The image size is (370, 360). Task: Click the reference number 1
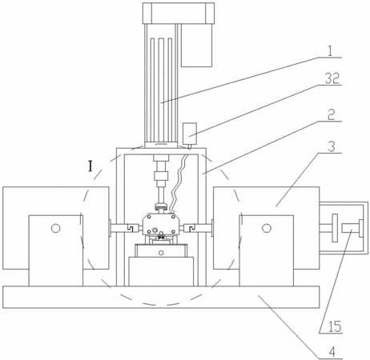coord(330,50)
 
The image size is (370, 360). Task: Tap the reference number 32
coord(332,78)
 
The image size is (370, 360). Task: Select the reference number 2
coord(331,114)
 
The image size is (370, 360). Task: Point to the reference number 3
coord(331,146)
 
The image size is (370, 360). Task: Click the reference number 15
coord(335,326)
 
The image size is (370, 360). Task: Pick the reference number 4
coord(332,352)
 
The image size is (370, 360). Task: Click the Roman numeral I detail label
coord(90,166)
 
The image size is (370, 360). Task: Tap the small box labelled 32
coord(190,134)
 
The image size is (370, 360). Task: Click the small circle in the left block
coord(56,228)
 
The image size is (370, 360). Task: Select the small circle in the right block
coord(267,228)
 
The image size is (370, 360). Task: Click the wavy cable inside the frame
coord(177,184)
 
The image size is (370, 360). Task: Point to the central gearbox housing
coord(160,224)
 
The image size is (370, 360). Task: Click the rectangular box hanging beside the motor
coord(197,46)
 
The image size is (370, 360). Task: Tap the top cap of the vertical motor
coord(179,14)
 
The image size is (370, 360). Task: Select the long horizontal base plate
coord(161,297)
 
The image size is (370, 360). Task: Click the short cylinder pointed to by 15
coord(350,228)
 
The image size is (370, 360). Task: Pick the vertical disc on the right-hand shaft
coord(335,228)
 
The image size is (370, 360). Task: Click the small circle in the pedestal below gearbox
coord(161,253)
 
